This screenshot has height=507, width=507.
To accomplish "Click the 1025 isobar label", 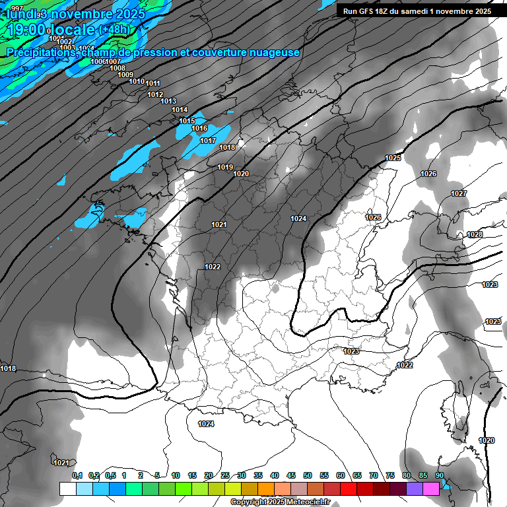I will click(393, 158).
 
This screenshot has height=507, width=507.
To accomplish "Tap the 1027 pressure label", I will click(459, 193).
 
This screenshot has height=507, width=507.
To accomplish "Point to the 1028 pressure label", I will click(474, 235).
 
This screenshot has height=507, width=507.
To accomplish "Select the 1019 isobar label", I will click(225, 167).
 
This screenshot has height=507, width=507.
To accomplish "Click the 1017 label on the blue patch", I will click(208, 141).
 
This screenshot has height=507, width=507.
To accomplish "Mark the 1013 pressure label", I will click(168, 101).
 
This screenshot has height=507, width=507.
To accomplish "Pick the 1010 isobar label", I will click(137, 81).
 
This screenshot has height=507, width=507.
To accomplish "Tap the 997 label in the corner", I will click(17, 8).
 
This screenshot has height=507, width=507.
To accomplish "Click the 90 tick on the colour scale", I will click(439, 475).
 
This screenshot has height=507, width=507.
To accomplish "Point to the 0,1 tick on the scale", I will click(77, 475).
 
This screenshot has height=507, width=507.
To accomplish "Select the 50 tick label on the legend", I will click(308, 475).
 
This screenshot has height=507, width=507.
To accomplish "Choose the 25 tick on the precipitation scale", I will click(225, 475).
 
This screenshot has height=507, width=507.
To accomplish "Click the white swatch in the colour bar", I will click(67, 489).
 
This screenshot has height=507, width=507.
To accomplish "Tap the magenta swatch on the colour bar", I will click(431, 489).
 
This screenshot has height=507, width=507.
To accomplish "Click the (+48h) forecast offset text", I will click(116, 30).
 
